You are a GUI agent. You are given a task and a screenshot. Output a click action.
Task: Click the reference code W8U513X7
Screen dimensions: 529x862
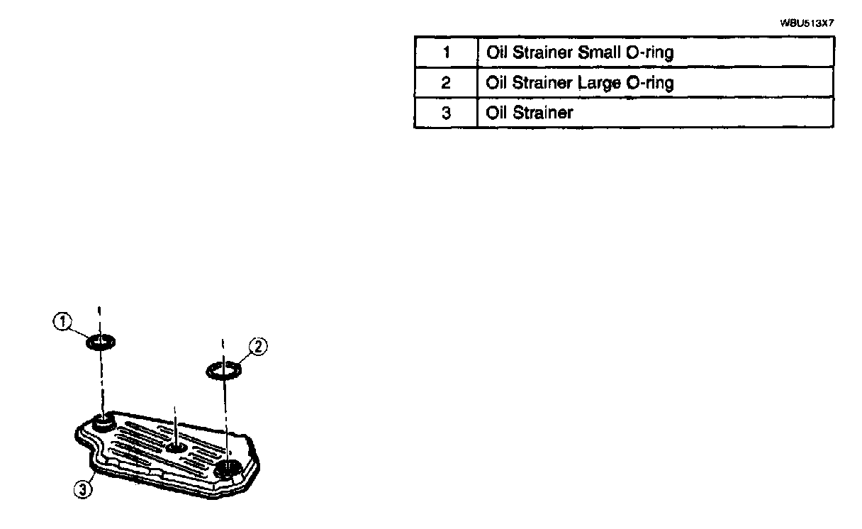[x=807, y=23]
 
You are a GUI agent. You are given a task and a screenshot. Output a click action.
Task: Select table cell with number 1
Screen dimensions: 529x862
[x=446, y=52]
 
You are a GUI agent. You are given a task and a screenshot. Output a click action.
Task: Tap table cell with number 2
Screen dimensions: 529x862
[x=446, y=83]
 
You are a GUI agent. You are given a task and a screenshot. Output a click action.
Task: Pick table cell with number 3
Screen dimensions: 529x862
[x=446, y=113]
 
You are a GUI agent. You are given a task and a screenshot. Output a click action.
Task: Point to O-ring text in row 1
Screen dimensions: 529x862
[x=651, y=52]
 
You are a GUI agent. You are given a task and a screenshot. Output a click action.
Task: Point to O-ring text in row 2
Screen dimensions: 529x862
[x=650, y=83]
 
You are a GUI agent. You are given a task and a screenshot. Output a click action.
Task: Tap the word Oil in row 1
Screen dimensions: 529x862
[x=494, y=52]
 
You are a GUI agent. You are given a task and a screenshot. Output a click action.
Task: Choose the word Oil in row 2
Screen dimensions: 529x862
[x=494, y=83]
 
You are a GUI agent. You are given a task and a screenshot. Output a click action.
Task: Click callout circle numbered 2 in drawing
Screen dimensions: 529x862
[x=259, y=347]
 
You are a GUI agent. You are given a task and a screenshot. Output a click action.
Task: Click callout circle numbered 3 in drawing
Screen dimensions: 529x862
[x=83, y=489]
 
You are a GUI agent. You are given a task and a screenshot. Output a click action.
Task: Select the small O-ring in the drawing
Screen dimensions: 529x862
[x=101, y=344]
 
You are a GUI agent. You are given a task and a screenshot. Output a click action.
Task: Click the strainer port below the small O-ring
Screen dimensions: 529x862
[x=103, y=423]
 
